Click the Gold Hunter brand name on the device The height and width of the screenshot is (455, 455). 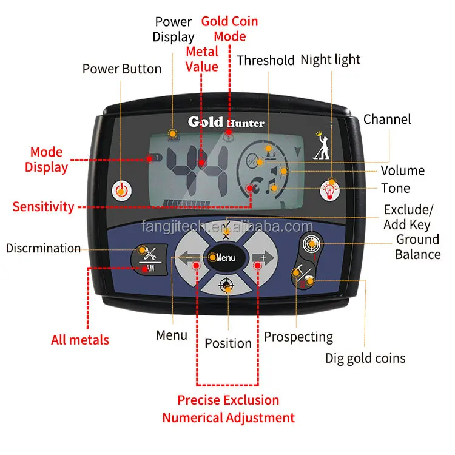point(226,122)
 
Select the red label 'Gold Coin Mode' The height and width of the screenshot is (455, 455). point(229,29)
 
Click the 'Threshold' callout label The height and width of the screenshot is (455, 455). point(265,60)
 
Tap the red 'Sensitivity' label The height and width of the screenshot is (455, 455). point(43,207)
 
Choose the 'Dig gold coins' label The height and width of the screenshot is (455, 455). point(365,358)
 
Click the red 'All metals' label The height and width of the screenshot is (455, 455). point(80,339)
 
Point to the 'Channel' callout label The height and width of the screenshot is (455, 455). point(387,120)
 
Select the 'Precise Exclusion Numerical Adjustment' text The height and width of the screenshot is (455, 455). point(228,409)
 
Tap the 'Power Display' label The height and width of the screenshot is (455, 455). point(173,29)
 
